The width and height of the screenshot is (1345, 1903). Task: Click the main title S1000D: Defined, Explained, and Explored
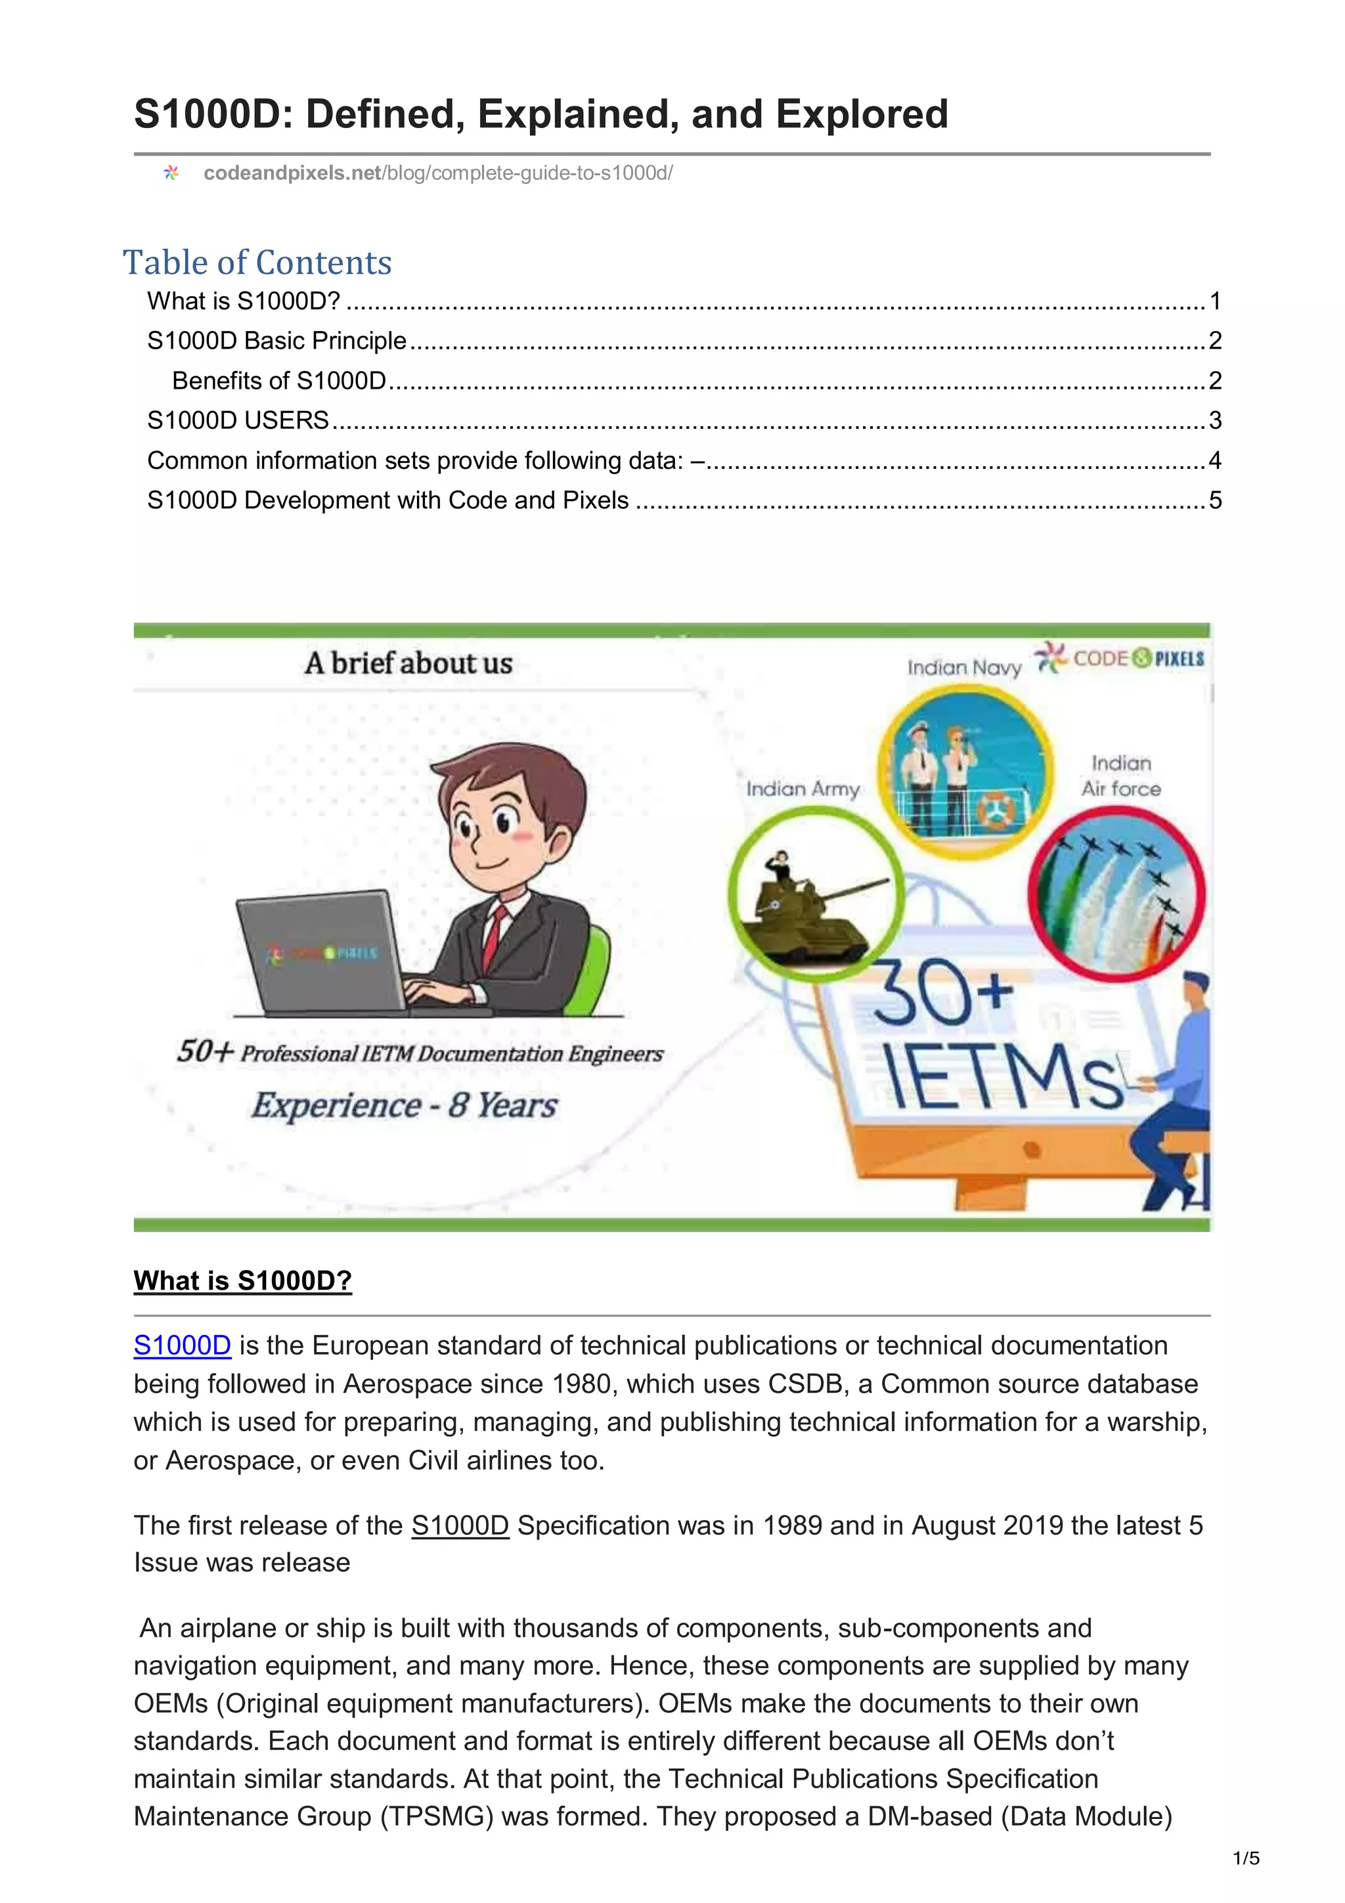pyautogui.click(x=540, y=114)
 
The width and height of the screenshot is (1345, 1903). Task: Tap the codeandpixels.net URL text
pyautogui.click(x=437, y=173)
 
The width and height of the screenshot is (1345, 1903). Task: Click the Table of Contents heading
pyautogui.click(x=257, y=263)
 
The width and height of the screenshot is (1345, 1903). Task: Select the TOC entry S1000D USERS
pyautogui.click(x=238, y=420)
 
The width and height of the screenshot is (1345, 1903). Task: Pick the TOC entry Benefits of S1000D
pyautogui.click(x=278, y=380)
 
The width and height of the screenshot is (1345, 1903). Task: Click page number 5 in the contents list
pyautogui.click(x=1215, y=500)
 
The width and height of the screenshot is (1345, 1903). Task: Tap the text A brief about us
pyautogui.click(x=408, y=663)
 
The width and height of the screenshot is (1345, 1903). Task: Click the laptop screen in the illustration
pyautogui.click(x=319, y=953)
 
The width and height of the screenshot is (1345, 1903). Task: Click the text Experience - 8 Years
pyautogui.click(x=404, y=1106)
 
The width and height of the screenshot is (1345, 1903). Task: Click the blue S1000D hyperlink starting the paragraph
pyautogui.click(x=181, y=1345)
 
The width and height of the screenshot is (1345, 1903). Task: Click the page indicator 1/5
pyautogui.click(x=1246, y=1858)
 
